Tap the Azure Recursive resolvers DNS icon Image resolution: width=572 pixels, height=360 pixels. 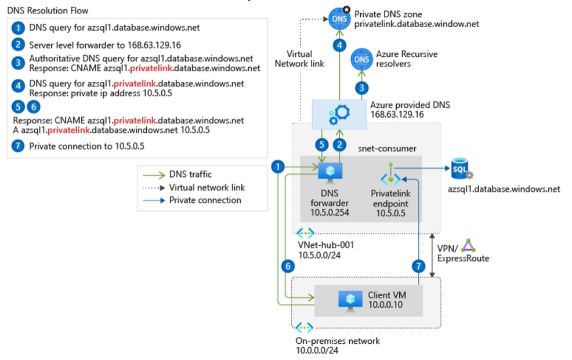(363, 59)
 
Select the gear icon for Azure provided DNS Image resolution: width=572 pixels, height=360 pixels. (337, 113)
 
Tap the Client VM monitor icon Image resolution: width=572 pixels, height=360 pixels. (350, 299)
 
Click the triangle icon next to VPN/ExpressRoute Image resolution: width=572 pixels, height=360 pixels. (469, 246)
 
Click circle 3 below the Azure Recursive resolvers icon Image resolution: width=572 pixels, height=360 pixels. (363, 88)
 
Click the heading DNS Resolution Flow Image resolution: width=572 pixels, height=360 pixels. (48, 10)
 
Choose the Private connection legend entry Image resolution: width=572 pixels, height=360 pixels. (205, 200)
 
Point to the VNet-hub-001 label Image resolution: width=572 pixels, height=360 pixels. (326, 245)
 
